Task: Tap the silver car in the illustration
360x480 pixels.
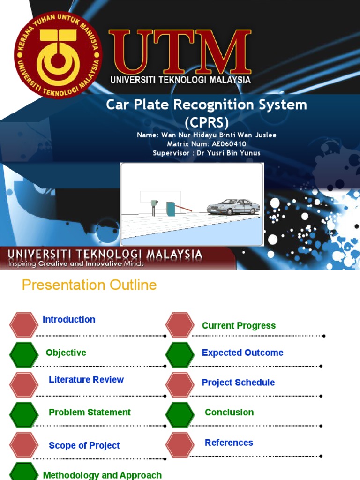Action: (x=233, y=207)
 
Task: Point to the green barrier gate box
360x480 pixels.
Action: (x=171, y=208)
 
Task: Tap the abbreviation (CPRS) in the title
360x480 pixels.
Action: (x=206, y=122)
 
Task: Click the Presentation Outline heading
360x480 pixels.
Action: (x=90, y=285)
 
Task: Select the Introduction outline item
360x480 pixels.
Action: (x=69, y=319)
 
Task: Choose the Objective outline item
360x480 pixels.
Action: (x=66, y=352)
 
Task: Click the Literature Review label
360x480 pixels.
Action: (x=86, y=380)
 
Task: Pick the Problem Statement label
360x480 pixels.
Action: (x=90, y=412)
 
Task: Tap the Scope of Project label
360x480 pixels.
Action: (x=84, y=445)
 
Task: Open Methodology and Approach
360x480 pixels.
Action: (x=102, y=475)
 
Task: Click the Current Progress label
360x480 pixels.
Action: (x=239, y=326)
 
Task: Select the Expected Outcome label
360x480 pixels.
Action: (x=242, y=352)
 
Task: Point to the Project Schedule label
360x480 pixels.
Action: (x=238, y=382)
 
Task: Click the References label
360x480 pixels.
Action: (x=229, y=442)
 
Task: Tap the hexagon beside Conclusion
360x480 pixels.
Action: (x=180, y=415)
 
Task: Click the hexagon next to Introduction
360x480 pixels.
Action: (x=24, y=325)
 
